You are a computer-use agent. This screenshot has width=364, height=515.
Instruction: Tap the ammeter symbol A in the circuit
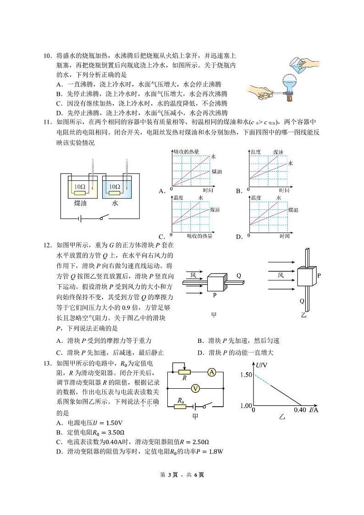(x=211, y=372)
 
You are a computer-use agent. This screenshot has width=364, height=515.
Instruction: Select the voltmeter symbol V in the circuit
(x=195, y=388)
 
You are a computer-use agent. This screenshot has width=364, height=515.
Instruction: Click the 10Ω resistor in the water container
(x=115, y=187)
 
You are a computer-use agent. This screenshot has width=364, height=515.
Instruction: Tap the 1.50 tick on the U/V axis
(x=246, y=375)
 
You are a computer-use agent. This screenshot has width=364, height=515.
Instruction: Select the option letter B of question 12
(x=200, y=341)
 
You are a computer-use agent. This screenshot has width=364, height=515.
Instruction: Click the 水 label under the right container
(x=115, y=202)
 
